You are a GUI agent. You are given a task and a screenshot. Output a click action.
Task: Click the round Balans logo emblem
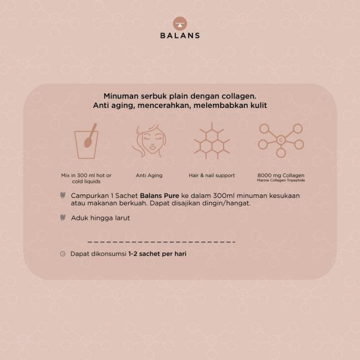[180, 24]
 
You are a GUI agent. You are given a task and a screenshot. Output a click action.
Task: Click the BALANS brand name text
[180, 36]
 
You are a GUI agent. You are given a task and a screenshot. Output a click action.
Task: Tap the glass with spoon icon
[86, 141]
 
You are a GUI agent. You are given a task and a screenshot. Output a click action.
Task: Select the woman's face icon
[149, 140]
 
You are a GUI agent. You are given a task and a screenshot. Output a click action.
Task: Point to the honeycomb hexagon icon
[211, 141]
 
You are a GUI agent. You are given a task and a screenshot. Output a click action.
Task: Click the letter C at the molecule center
[280, 140]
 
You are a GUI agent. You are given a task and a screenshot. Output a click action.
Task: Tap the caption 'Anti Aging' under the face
[149, 175]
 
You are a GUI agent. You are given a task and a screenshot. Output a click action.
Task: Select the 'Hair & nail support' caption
[211, 175]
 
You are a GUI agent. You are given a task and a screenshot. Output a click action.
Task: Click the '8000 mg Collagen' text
[281, 175]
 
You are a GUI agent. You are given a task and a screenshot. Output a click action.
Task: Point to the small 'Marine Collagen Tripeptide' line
[281, 180]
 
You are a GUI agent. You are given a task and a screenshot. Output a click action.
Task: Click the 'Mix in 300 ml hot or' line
[86, 175]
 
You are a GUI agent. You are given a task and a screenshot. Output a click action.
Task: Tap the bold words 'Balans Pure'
[160, 196]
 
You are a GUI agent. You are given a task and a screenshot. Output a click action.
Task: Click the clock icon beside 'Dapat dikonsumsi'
[63, 254]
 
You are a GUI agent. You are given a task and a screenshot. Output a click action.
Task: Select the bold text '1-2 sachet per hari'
[157, 254]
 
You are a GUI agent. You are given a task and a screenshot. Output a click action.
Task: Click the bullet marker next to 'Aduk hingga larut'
[63, 217]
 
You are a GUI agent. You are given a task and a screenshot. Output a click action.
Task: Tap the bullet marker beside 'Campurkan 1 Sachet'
[63, 195]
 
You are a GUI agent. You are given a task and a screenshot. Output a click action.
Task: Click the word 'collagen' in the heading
[238, 96]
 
